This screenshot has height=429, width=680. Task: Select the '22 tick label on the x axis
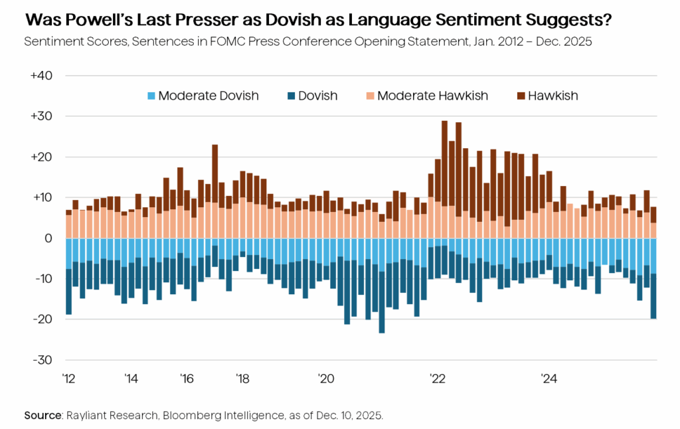438,379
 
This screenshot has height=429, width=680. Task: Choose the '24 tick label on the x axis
549,379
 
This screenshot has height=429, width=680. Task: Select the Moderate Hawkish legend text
432,96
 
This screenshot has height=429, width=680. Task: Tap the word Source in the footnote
43,415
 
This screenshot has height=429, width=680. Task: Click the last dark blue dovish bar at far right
653,296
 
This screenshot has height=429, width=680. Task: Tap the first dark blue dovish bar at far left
68,292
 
